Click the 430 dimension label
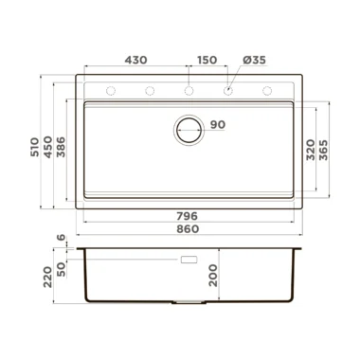click(x=135, y=60)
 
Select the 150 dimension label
click(x=207, y=60)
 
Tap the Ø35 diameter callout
click(x=255, y=60)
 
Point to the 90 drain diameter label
click(x=218, y=125)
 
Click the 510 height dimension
click(x=35, y=147)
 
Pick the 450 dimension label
click(x=48, y=147)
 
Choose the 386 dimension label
click(x=61, y=147)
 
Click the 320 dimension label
click(x=311, y=150)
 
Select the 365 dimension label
click(x=323, y=150)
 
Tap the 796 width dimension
click(x=187, y=216)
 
